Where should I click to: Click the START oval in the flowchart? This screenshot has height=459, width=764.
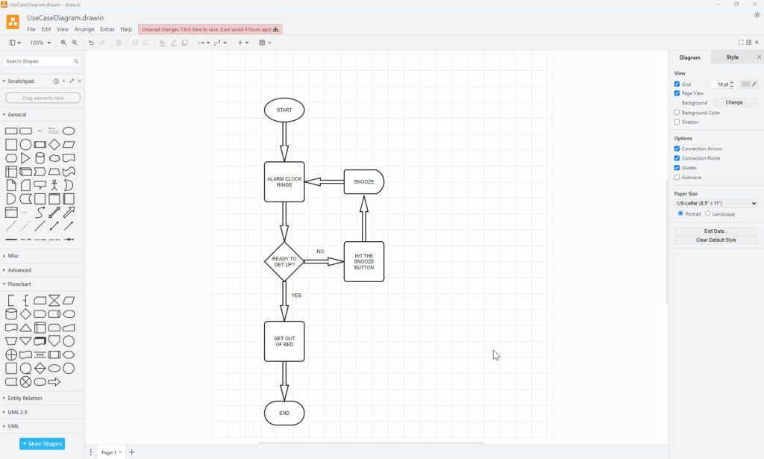(x=284, y=110)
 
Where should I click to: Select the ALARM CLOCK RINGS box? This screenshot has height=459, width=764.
(x=284, y=182)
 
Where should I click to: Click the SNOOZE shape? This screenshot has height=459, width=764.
(x=363, y=182)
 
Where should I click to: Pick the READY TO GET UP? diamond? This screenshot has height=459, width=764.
(x=284, y=262)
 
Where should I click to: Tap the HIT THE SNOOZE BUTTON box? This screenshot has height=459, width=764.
(x=363, y=262)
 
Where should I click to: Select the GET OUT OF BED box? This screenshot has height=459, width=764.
(x=284, y=341)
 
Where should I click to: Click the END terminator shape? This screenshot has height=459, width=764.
(x=284, y=413)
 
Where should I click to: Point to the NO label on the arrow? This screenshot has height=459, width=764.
(x=320, y=252)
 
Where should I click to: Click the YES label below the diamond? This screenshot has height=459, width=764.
(x=296, y=296)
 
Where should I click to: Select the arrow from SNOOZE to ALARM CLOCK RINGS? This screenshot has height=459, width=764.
(x=324, y=182)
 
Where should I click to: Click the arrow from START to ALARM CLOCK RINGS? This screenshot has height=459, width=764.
(x=284, y=142)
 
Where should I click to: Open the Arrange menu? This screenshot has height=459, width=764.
(x=84, y=29)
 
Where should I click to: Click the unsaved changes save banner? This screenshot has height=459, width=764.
(x=210, y=29)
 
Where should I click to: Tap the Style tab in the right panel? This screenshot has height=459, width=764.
(x=733, y=57)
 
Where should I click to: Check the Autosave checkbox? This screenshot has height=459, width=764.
(x=677, y=178)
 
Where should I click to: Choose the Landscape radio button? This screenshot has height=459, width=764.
(x=707, y=213)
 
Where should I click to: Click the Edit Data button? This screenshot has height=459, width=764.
(x=716, y=231)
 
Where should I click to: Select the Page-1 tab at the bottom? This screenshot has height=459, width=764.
(x=111, y=452)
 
